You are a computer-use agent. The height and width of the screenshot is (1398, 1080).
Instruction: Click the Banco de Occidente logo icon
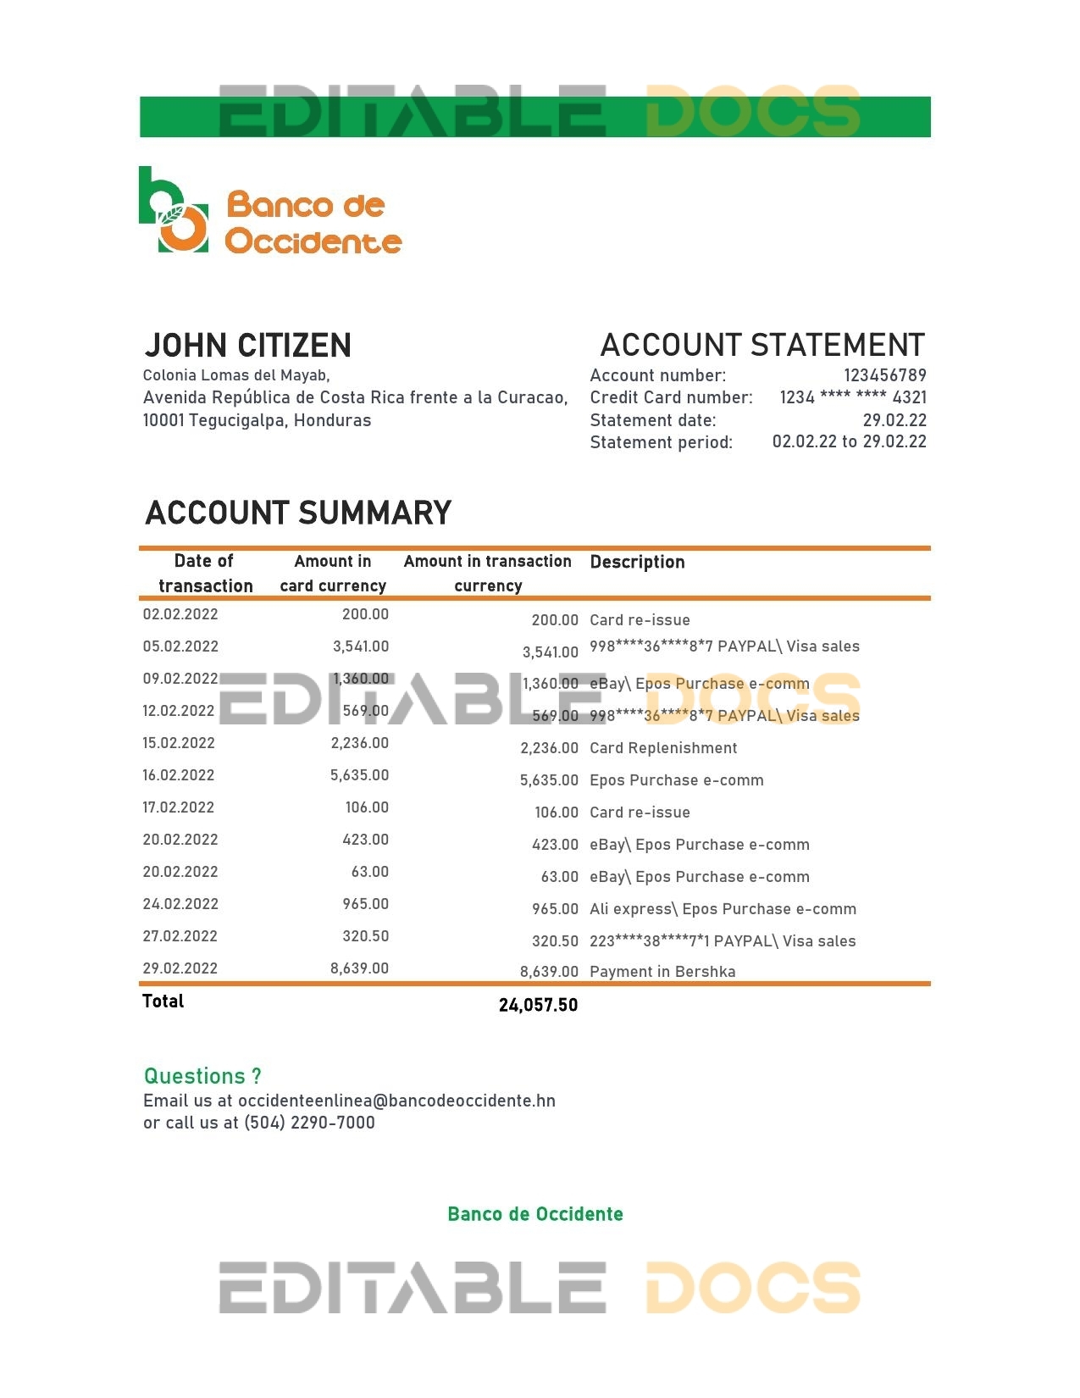click(174, 211)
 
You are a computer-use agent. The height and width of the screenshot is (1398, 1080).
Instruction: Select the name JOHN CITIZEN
click(247, 346)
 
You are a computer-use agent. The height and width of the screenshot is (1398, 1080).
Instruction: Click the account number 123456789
click(884, 375)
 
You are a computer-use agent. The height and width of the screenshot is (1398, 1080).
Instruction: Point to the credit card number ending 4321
click(852, 397)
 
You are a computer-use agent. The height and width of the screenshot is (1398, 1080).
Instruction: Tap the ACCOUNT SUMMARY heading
click(298, 513)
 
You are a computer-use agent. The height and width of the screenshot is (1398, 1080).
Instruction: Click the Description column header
click(637, 562)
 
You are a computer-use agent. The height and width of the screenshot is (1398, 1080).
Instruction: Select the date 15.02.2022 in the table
click(179, 743)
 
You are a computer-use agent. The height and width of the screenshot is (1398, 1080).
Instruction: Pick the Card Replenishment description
click(663, 748)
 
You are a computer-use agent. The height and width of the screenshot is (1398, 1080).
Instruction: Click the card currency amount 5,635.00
click(359, 775)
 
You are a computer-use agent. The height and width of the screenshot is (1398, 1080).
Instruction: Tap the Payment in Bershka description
click(662, 972)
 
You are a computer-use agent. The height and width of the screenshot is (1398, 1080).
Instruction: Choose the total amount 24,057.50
click(538, 1006)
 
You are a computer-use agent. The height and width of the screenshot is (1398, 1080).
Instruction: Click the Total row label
click(163, 1001)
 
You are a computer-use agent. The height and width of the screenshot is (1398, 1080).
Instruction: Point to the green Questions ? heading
click(202, 1076)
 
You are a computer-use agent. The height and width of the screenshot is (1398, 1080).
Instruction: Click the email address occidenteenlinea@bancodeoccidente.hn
click(396, 1101)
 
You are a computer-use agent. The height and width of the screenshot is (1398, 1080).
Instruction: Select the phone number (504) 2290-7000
click(309, 1123)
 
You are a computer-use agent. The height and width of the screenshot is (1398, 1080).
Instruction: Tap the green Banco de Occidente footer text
click(535, 1214)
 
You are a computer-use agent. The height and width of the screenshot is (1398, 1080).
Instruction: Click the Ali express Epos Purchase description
click(723, 909)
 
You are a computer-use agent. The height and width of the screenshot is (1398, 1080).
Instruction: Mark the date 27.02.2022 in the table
click(180, 936)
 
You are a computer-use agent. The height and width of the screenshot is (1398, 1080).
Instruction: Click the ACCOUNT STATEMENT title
click(762, 346)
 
